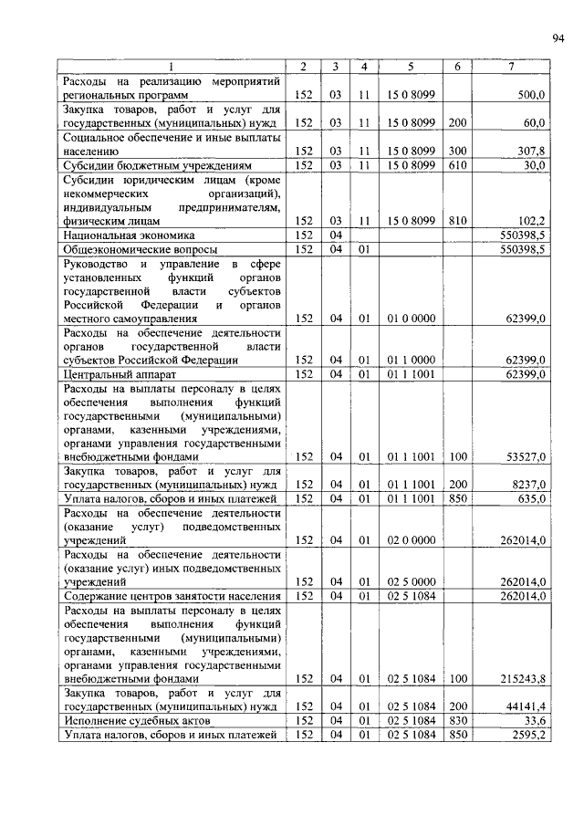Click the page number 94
558,37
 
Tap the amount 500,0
531,94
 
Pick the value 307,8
531,151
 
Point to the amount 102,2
531,221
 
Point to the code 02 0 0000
411,541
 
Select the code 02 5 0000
411,582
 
